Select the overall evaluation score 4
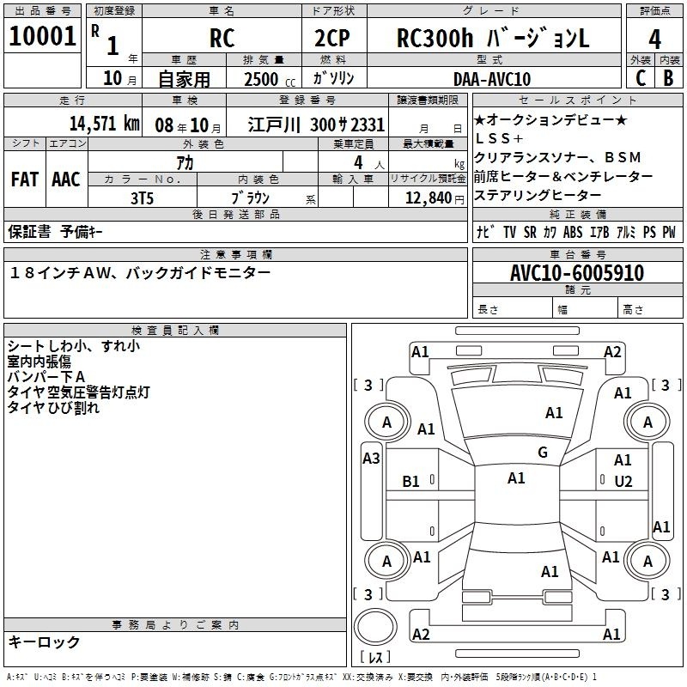point(654,39)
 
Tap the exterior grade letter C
point(640,78)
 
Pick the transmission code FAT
point(24,179)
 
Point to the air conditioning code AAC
point(65,179)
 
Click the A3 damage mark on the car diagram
point(371,459)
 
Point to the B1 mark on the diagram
point(411,482)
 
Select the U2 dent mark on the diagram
point(623,482)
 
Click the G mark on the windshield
point(542,453)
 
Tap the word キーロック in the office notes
point(45,642)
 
